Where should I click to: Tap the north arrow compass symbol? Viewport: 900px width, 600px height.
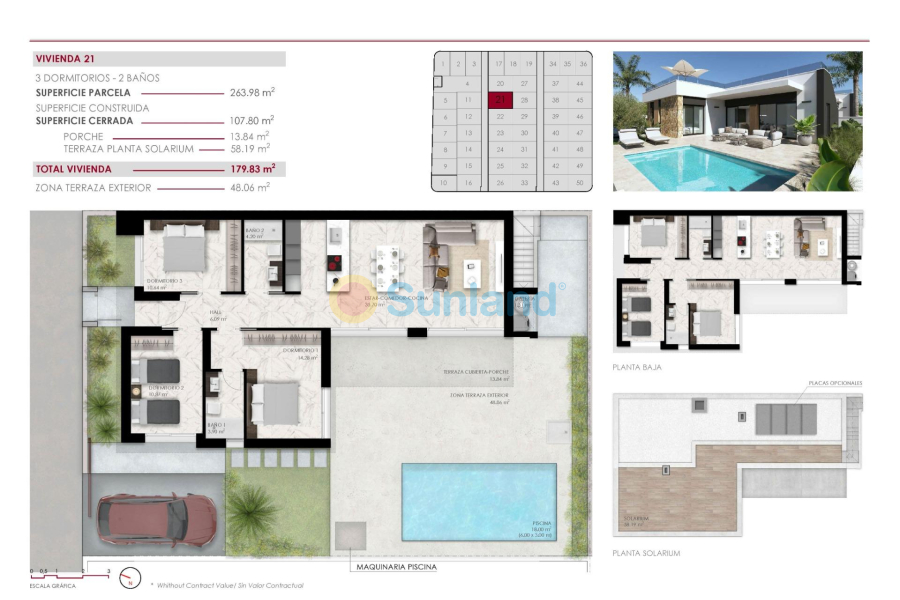[x=129, y=577]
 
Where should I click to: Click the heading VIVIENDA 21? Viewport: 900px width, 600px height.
[x=65, y=59]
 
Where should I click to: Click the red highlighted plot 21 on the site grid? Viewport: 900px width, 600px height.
[x=500, y=99]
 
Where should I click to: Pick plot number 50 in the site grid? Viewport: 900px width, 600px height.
[x=580, y=182]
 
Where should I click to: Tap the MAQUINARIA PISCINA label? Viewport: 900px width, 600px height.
[x=397, y=567]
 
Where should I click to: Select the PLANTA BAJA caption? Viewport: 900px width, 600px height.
[x=637, y=367]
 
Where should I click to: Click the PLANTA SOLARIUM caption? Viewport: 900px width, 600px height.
[x=646, y=553]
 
